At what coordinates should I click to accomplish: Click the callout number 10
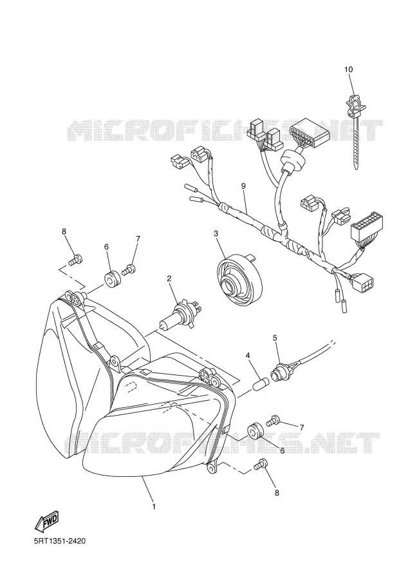click(x=348, y=70)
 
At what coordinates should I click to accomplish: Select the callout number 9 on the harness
click(x=243, y=186)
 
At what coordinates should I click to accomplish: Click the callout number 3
click(x=216, y=233)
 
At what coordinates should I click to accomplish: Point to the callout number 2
click(x=169, y=278)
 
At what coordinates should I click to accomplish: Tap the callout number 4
click(x=248, y=356)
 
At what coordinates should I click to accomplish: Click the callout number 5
click(x=275, y=337)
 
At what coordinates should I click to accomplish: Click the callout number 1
click(x=154, y=507)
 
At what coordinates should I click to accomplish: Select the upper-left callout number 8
click(x=64, y=231)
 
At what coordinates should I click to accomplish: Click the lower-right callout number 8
click(x=277, y=493)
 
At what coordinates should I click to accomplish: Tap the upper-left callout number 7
click(x=138, y=238)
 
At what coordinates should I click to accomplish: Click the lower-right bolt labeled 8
click(x=261, y=465)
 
